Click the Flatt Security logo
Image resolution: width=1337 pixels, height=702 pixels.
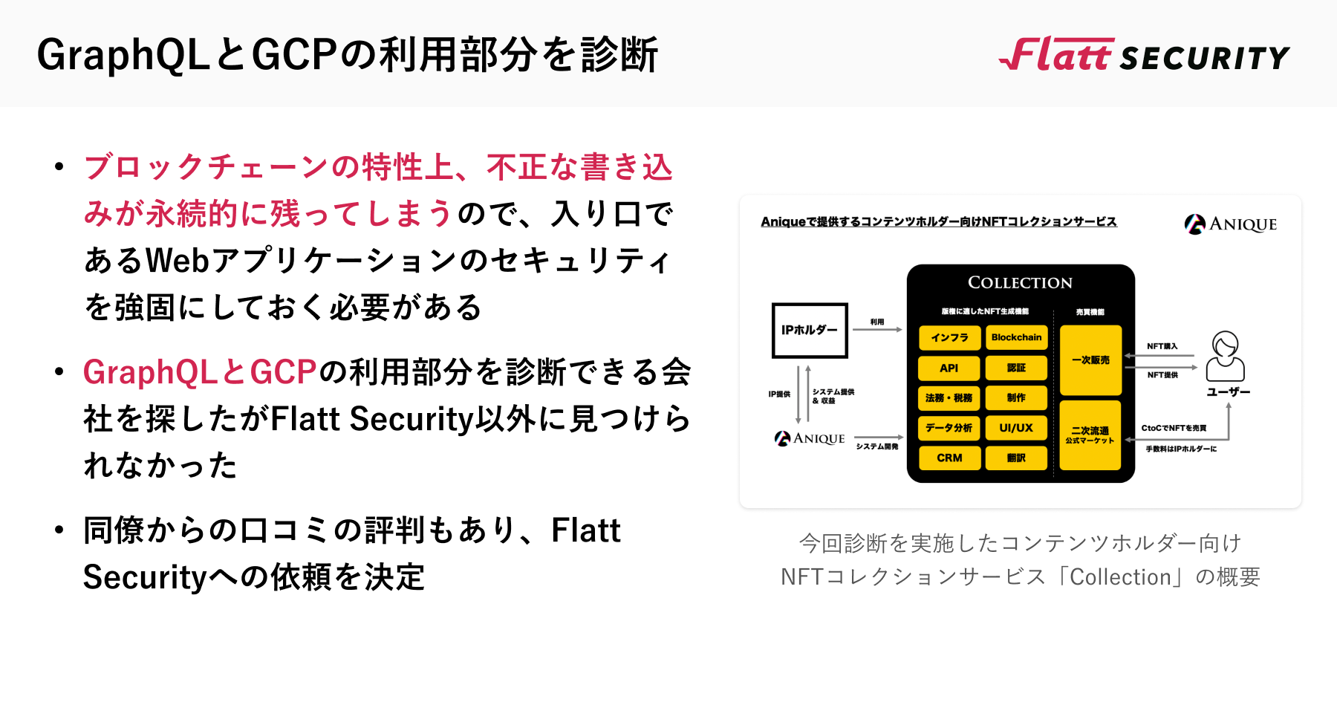click(x=1144, y=55)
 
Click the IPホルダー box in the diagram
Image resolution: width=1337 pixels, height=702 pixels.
click(x=809, y=330)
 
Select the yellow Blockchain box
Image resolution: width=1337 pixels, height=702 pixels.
click(x=1016, y=337)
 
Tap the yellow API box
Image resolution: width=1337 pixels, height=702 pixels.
click(x=949, y=368)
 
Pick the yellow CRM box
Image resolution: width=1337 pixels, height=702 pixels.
click(x=949, y=458)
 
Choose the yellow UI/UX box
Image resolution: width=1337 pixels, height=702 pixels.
click(x=1016, y=428)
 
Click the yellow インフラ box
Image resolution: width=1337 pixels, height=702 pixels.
click(x=949, y=337)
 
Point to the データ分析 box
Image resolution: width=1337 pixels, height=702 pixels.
click(x=949, y=428)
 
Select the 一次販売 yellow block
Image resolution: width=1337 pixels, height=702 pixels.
click(x=1090, y=360)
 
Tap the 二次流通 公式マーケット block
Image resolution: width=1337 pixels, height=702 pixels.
click(x=1090, y=435)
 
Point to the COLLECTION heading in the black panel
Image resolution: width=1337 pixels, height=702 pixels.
click(x=1020, y=283)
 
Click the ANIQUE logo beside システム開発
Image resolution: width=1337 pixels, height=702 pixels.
click(x=810, y=439)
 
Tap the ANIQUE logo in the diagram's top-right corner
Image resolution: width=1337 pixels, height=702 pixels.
click(x=1231, y=224)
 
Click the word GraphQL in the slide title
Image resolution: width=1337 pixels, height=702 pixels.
click(x=123, y=56)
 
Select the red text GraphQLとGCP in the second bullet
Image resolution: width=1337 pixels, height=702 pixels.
click(x=200, y=372)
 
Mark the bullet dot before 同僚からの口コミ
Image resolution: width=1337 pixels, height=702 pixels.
click(x=59, y=530)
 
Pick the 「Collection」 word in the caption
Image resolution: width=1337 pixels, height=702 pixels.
click(x=1120, y=577)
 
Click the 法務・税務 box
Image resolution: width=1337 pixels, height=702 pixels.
click(x=949, y=398)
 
